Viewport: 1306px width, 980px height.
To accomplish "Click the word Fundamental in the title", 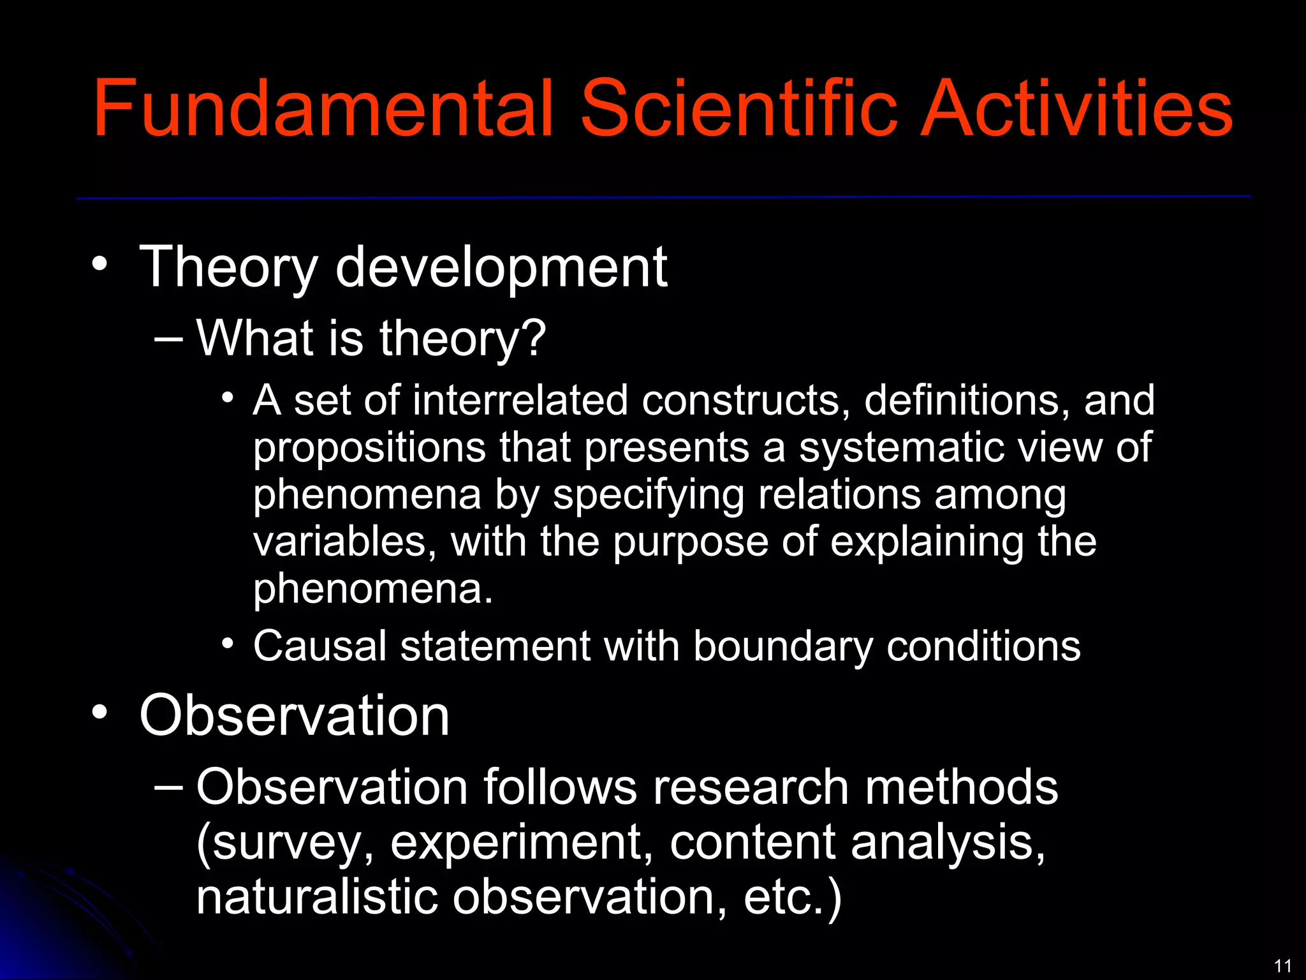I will pos(322,108).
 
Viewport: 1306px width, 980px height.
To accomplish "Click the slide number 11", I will pos(1282,965).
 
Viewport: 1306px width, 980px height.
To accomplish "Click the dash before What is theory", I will pos(168,339).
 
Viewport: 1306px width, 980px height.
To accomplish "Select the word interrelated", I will pos(520,401).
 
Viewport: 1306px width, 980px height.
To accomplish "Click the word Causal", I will pos(319,646).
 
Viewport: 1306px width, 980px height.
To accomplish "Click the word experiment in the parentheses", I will pos(521,843).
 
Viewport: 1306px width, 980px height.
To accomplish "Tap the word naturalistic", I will pos(316,896).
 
